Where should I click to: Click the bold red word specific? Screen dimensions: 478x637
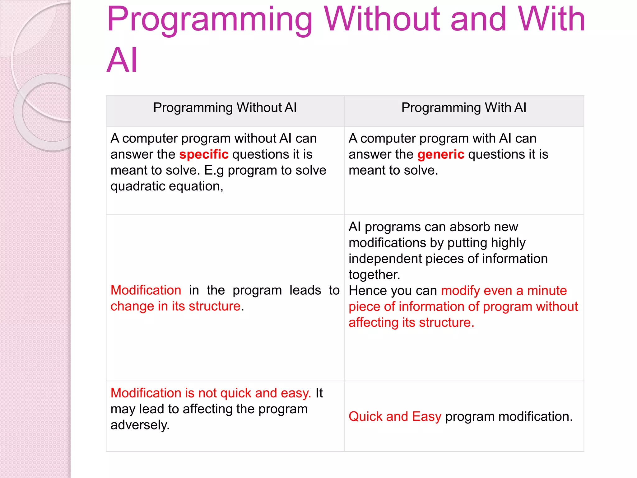tap(204, 154)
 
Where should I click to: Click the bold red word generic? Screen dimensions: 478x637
tap(441, 154)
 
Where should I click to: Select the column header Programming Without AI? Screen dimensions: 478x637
tap(225, 108)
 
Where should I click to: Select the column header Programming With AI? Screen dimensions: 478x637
tap(464, 108)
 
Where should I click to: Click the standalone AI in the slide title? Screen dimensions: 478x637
tap(122, 60)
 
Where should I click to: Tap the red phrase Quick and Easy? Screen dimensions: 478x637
tap(395, 416)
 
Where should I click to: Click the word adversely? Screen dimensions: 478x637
tap(140, 425)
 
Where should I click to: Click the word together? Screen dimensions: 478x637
tap(374, 275)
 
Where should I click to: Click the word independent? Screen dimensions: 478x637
tap(385, 259)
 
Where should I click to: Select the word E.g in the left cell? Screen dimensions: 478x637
tap(214, 171)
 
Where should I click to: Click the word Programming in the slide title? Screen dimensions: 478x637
tap(209, 21)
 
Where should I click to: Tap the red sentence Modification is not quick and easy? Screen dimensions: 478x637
tap(211, 393)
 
